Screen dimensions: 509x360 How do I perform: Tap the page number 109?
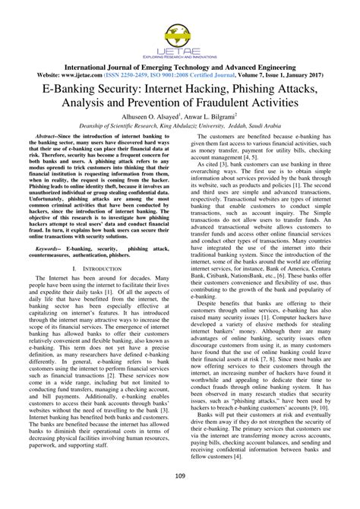click(180, 497)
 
